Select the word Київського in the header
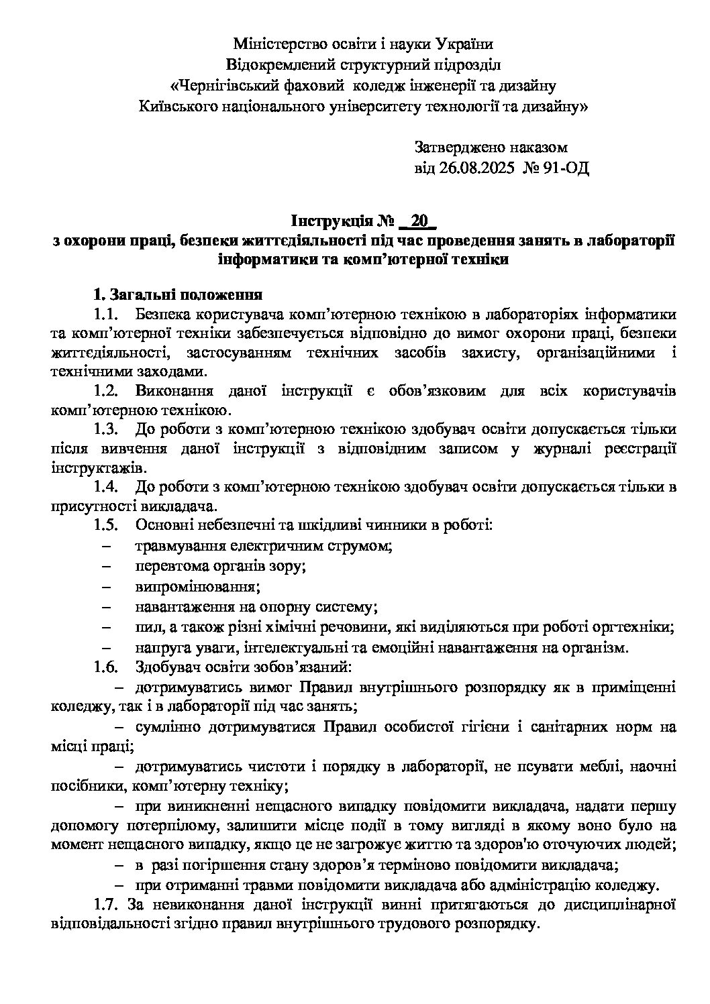[176, 106]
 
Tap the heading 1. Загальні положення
[177, 294]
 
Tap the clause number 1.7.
[107, 905]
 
